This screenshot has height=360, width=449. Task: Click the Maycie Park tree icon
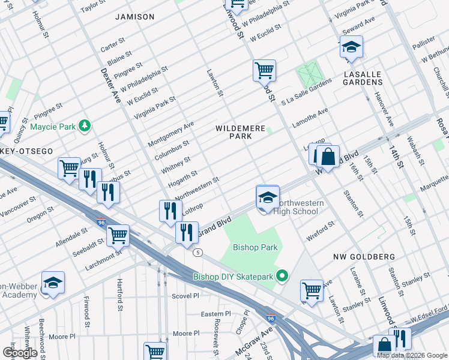pyautogui.click(x=85, y=125)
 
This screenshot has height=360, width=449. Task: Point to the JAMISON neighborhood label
pyautogui.click(x=135, y=17)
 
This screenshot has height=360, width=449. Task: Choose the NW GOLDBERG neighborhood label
pyautogui.click(x=364, y=257)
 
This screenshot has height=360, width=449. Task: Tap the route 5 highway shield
pyautogui.click(x=197, y=252)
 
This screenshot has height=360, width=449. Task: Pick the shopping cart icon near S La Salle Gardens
pyautogui.click(x=264, y=71)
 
